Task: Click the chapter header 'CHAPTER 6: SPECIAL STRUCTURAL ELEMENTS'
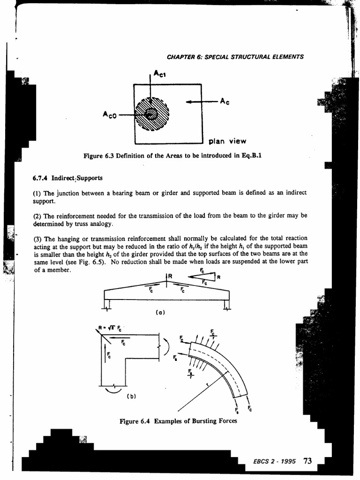coord(235,57)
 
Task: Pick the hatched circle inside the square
coord(151,113)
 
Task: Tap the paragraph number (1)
coord(39,193)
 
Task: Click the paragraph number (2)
coord(39,216)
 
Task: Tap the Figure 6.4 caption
coord(179,421)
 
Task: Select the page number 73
coord(307,460)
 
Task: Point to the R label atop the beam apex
coord(170,276)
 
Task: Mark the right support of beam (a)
coord(227,306)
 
